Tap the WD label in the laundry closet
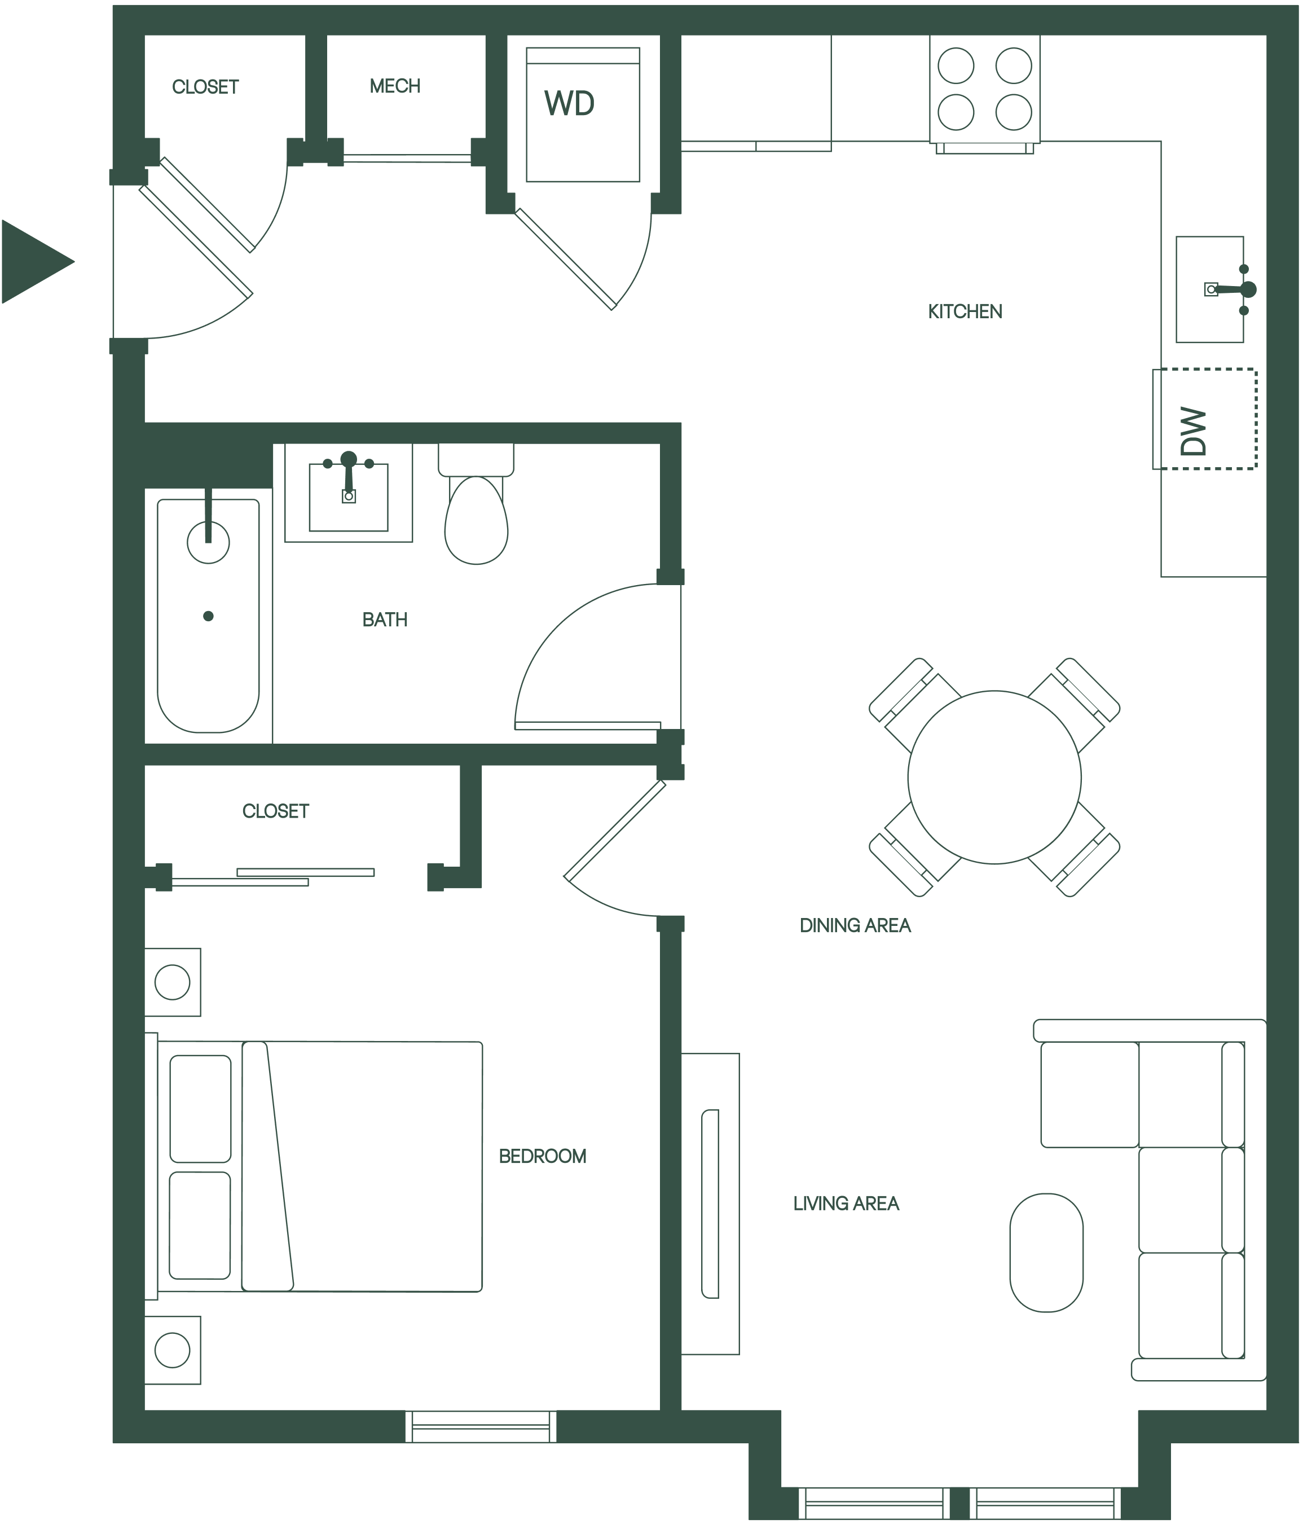569,104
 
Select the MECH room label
395,86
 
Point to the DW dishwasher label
1192,432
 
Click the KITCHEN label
965,312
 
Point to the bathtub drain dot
208,616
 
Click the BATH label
385,620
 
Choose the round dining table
994,777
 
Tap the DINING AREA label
855,925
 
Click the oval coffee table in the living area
1046,1252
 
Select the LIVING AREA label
846,1204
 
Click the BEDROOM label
543,1156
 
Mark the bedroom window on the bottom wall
481,1426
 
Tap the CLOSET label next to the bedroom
276,811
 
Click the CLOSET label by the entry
205,87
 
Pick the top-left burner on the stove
956,65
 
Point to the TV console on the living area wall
710,1204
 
